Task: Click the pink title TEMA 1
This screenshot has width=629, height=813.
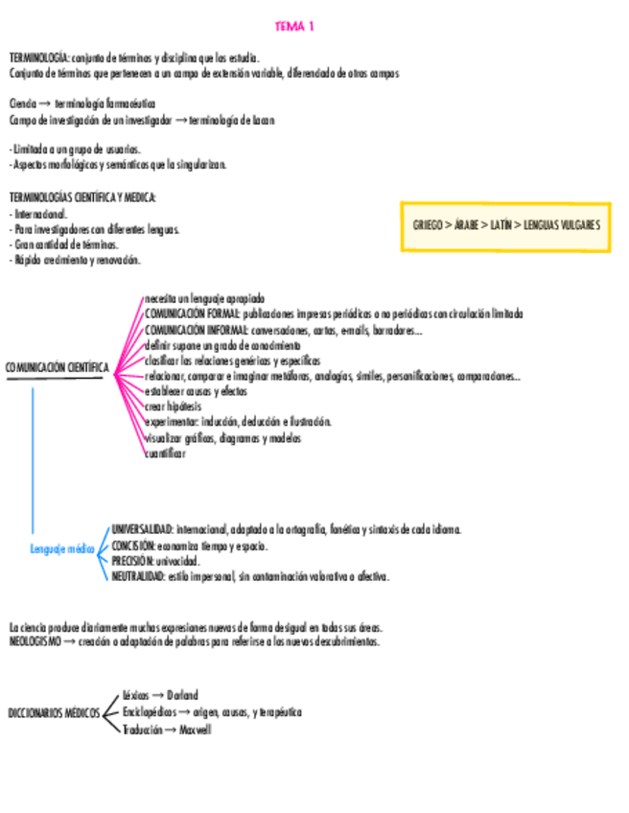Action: [x=294, y=27]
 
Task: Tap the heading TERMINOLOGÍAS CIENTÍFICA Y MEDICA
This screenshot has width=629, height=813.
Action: [x=82, y=197]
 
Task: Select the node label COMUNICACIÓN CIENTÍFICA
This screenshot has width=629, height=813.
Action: [x=58, y=368]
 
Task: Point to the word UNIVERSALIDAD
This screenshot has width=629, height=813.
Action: [x=142, y=529]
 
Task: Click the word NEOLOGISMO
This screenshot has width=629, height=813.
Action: [x=35, y=641]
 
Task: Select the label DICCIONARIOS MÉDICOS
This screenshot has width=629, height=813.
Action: [x=54, y=713]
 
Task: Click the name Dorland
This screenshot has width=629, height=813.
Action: [x=182, y=695]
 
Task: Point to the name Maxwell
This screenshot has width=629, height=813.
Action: [x=195, y=730]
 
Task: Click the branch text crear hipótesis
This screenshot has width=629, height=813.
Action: [x=174, y=406]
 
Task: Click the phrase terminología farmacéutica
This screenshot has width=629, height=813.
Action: [x=105, y=104]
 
